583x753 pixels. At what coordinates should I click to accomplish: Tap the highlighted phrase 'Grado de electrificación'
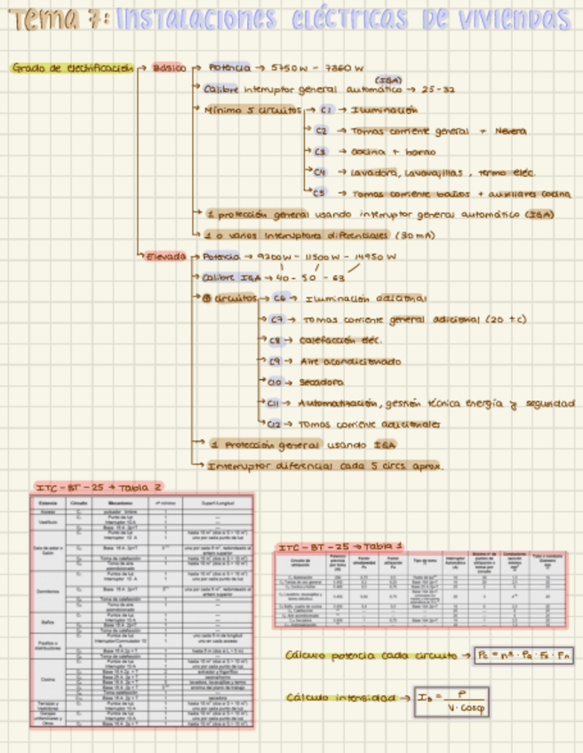pos(73,67)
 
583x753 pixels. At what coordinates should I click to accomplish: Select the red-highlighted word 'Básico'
pos(169,67)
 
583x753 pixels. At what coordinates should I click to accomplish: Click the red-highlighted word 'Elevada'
pos(165,257)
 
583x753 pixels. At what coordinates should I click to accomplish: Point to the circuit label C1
pos(326,110)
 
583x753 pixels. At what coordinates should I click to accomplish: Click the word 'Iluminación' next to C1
pos(384,110)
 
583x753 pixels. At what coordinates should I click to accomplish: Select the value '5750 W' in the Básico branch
pos(290,67)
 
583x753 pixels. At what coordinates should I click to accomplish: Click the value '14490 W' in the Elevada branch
pos(372,257)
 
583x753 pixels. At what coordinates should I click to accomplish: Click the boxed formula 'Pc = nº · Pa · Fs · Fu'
pos(523,656)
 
